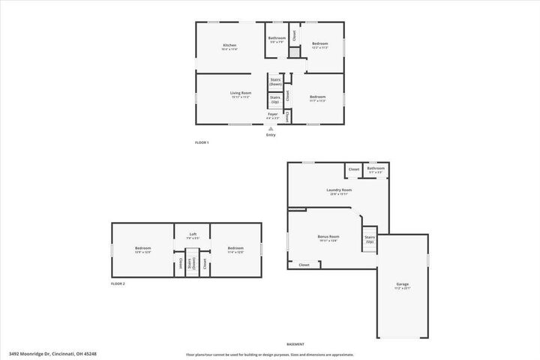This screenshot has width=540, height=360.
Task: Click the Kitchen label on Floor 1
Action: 229,46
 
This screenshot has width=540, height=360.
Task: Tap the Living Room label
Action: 240,93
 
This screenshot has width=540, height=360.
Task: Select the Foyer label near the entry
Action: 273,115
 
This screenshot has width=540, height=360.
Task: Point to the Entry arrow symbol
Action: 271,128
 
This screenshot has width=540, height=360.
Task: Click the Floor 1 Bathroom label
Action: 277,38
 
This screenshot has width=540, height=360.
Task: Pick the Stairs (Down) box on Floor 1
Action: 275,82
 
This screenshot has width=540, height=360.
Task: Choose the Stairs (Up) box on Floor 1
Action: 275,99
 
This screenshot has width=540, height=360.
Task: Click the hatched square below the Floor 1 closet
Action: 295,52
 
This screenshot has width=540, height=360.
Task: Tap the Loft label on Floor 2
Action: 193,235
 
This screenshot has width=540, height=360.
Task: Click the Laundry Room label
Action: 339,190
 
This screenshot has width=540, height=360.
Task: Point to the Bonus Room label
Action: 328,237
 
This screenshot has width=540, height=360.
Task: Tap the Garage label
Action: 403,285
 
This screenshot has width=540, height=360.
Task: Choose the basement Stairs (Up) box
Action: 370,240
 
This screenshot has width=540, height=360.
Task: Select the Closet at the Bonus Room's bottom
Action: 304,265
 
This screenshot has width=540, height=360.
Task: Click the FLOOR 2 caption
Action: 118,284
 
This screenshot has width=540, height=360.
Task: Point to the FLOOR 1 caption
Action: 201,142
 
